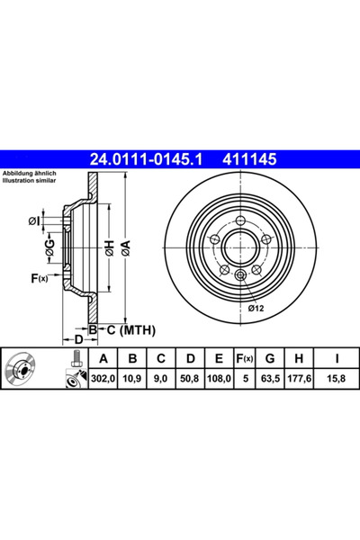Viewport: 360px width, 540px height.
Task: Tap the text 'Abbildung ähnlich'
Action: (x=30, y=173)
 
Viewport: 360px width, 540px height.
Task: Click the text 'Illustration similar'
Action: (x=31, y=180)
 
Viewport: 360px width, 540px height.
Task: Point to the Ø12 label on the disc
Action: (x=256, y=309)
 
